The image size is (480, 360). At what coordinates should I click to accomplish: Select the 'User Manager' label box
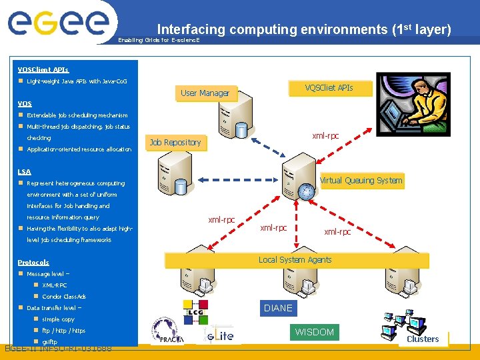pos(205,93)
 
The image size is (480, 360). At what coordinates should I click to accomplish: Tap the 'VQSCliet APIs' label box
pos(329,88)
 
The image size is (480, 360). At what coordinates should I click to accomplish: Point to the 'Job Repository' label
pos(175,142)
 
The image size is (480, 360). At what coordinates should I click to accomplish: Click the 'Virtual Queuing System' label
pos(361,180)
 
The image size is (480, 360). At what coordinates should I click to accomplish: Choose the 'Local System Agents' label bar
pos(295,260)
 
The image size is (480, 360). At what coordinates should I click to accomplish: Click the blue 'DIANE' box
pos(278,308)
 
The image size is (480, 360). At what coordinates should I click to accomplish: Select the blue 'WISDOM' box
pos(314,332)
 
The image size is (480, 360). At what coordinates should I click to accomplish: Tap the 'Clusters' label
pos(423,339)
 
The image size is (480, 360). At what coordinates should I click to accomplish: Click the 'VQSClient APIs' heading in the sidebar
pos(43,69)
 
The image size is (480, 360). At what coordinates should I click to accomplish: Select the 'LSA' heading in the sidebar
pos(25,172)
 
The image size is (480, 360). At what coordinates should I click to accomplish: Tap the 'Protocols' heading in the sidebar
pos(33,263)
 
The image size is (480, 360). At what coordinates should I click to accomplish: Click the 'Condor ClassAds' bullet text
pos(64,297)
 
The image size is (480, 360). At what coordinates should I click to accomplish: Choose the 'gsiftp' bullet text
pos(50,342)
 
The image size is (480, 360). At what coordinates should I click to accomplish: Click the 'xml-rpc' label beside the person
pos(325,136)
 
